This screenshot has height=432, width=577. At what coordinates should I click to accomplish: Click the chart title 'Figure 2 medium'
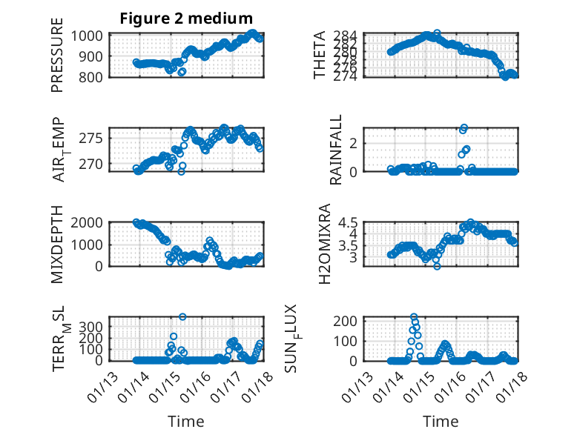pos(186,19)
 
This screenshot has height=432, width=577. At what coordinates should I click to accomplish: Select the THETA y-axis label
pos(320,56)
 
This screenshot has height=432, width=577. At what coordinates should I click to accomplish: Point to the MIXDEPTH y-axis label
pos(57,245)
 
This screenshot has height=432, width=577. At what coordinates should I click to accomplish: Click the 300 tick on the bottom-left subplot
pos(96,326)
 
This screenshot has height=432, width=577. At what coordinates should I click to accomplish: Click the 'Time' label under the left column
pos(186,422)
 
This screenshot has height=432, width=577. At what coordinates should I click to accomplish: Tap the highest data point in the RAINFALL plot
pos(464,127)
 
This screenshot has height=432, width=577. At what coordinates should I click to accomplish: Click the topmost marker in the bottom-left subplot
pos(182,316)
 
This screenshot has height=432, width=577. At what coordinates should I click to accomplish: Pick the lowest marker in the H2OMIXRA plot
pos(438,266)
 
